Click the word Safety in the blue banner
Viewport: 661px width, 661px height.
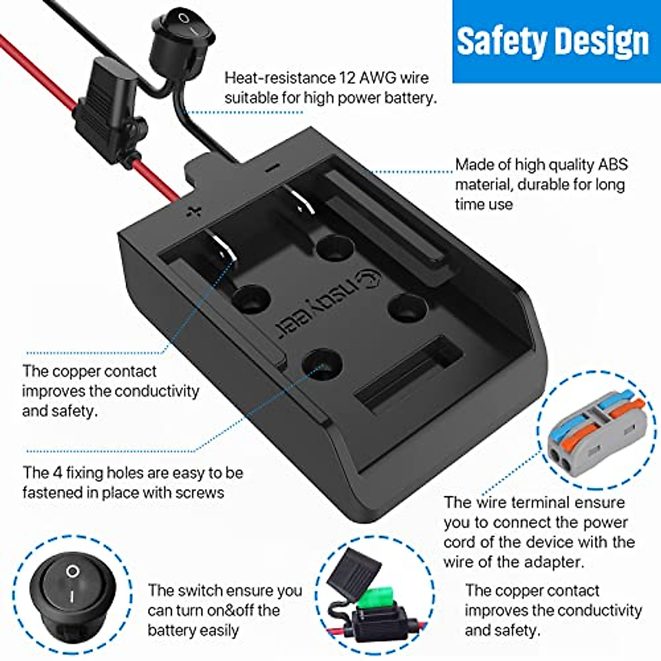[498, 42]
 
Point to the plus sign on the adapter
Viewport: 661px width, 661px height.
[193, 211]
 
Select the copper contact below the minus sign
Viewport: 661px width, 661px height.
[300, 202]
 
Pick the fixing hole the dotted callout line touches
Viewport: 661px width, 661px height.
[323, 364]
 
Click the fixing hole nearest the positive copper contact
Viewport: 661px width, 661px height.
[251, 300]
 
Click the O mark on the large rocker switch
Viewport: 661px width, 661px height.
[72, 571]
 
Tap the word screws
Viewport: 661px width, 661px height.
[198, 492]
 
